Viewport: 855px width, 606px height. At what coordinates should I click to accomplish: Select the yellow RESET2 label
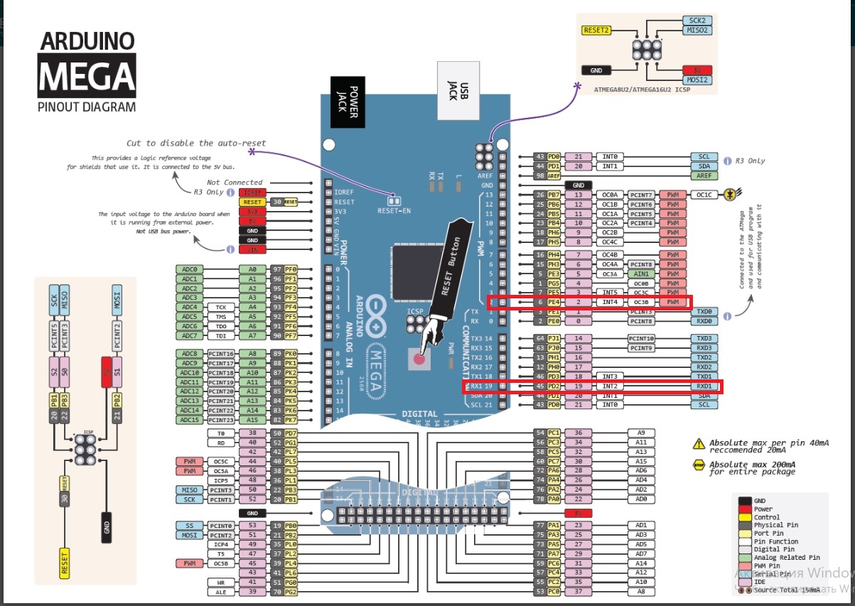coord(596,31)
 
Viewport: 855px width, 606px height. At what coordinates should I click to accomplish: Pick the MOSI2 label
coord(697,80)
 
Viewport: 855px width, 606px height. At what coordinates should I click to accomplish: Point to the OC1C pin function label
coord(704,195)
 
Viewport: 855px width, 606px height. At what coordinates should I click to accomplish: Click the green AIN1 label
coord(640,274)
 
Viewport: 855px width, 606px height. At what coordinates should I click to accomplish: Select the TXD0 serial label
coord(704,312)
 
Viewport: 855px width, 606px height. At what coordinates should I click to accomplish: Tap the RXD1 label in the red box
coord(704,386)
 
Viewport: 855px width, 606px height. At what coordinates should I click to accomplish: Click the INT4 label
coord(610,303)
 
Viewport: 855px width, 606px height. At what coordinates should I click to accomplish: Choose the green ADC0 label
coord(188,270)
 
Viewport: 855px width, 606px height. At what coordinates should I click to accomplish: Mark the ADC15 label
coord(188,420)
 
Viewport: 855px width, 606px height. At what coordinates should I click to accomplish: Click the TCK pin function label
coord(221,308)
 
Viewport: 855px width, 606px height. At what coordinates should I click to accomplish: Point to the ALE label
coord(221,592)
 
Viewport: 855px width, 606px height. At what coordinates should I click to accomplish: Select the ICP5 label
coord(221,480)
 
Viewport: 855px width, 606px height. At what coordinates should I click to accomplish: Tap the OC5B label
coord(221,563)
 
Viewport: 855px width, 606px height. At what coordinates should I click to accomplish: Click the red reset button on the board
coord(419,359)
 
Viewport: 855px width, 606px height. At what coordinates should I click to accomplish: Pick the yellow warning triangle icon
coord(699,445)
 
